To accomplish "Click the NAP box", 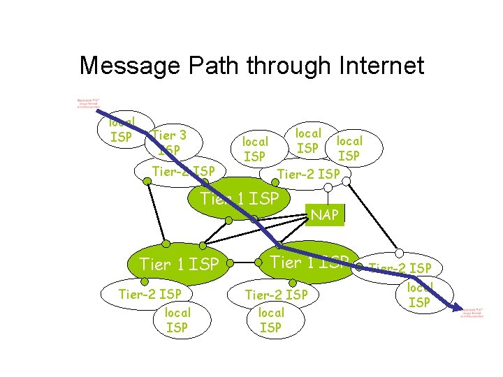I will click(325, 215).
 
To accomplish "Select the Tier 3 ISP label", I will click(168, 142).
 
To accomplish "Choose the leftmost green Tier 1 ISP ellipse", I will click(180, 264).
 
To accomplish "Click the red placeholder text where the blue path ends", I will click(472, 311).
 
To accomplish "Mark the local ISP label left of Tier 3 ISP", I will click(122, 129).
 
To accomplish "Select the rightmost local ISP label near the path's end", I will click(419, 295).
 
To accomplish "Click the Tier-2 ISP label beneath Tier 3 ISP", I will click(184, 171).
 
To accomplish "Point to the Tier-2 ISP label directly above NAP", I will click(309, 174).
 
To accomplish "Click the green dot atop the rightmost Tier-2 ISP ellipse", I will click(399, 252).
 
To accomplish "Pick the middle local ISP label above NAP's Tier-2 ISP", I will click(308, 140).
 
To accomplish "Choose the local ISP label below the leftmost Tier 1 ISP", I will click(177, 320).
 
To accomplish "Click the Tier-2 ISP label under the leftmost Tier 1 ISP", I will click(150, 294).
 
